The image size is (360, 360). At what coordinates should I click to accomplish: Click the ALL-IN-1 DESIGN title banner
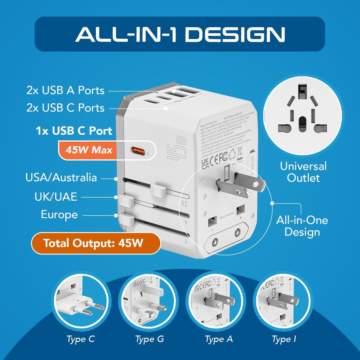click(x=180, y=34)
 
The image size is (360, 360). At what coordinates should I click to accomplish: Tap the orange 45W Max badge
click(x=89, y=150)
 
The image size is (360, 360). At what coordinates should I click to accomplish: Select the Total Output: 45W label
click(x=95, y=243)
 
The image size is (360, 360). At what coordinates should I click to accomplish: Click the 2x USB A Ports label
click(x=65, y=90)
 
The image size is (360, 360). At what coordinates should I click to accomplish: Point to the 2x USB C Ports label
click(x=65, y=108)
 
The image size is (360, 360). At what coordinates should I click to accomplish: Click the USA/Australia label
click(x=61, y=178)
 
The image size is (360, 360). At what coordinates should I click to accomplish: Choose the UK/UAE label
click(x=56, y=197)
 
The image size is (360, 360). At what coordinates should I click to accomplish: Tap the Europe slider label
click(x=59, y=214)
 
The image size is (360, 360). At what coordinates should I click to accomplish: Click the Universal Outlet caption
click(x=303, y=172)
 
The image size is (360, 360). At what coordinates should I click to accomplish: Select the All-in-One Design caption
click(x=302, y=226)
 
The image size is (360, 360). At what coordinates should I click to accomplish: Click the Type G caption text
click(x=149, y=339)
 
